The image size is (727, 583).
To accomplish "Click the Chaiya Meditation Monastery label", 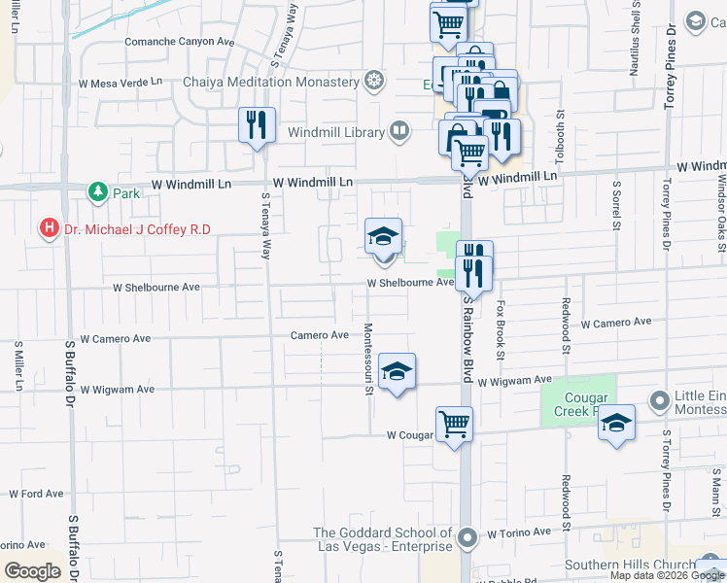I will pos(271,82).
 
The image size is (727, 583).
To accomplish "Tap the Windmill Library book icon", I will pos(399,130).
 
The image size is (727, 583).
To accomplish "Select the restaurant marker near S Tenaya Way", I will pos(256,125).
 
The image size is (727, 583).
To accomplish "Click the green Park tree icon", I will pos(97,191).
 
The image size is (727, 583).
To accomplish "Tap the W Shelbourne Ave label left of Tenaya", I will pos(156,288).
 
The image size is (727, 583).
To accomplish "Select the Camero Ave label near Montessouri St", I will pos(319,335).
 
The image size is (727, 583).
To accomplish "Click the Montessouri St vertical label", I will pos(369,360).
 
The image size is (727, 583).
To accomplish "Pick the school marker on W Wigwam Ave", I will pos(397,372).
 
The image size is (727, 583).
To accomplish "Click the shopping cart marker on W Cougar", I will pos(454,425).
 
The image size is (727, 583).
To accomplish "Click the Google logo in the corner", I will pos(32,570).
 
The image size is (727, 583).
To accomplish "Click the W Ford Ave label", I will pos(37,494).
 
